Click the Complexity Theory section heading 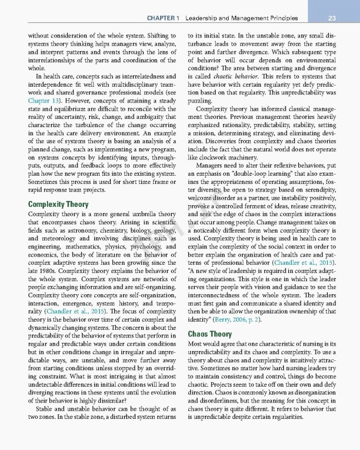[x=58, y=205]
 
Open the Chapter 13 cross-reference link [x=45, y=100]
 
